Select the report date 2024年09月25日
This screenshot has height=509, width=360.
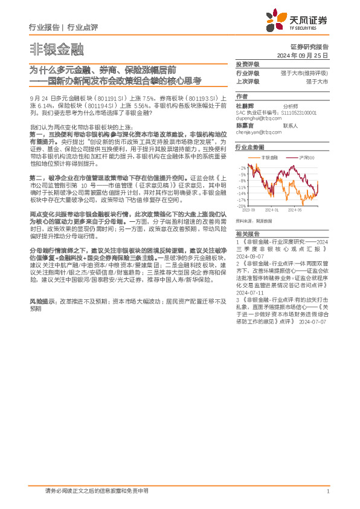(x=308, y=54)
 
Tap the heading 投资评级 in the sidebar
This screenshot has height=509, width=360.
(x=248, y=64)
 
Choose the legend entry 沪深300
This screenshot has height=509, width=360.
(x=302, y=157)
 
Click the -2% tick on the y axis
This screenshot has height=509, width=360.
(x=242, y=167)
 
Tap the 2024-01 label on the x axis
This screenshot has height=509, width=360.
(x=271, y=210)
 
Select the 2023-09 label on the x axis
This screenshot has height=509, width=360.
(x=249, y=210)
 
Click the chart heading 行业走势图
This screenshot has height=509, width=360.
(x=250, y=147)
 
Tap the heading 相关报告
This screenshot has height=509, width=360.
(x=248, y=233)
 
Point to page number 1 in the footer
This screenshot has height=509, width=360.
(x=327, y=491)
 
